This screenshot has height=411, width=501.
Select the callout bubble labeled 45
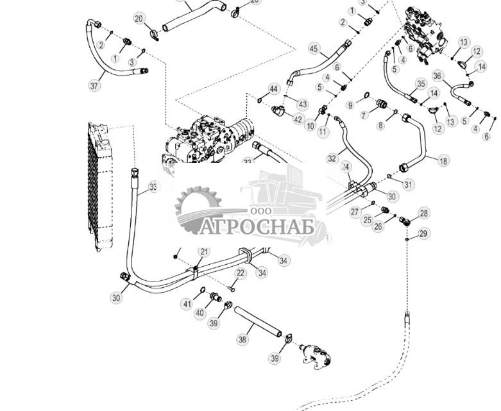[x=313, y=49]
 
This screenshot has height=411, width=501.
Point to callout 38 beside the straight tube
[x=242, y=339]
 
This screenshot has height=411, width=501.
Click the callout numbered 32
[x=332, y=158]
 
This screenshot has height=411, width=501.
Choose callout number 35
[x=421, y=84]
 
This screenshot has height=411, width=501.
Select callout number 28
[x=423, y=213]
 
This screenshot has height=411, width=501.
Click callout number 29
[x=423, y=234]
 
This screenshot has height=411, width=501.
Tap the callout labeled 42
[x=297, y=119]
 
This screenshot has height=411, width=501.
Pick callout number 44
[x=274, y=88]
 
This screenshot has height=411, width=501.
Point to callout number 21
[x=203, y=251]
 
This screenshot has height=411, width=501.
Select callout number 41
[x=187, y=303]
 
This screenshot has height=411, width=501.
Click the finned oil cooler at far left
[x=100, y=186]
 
